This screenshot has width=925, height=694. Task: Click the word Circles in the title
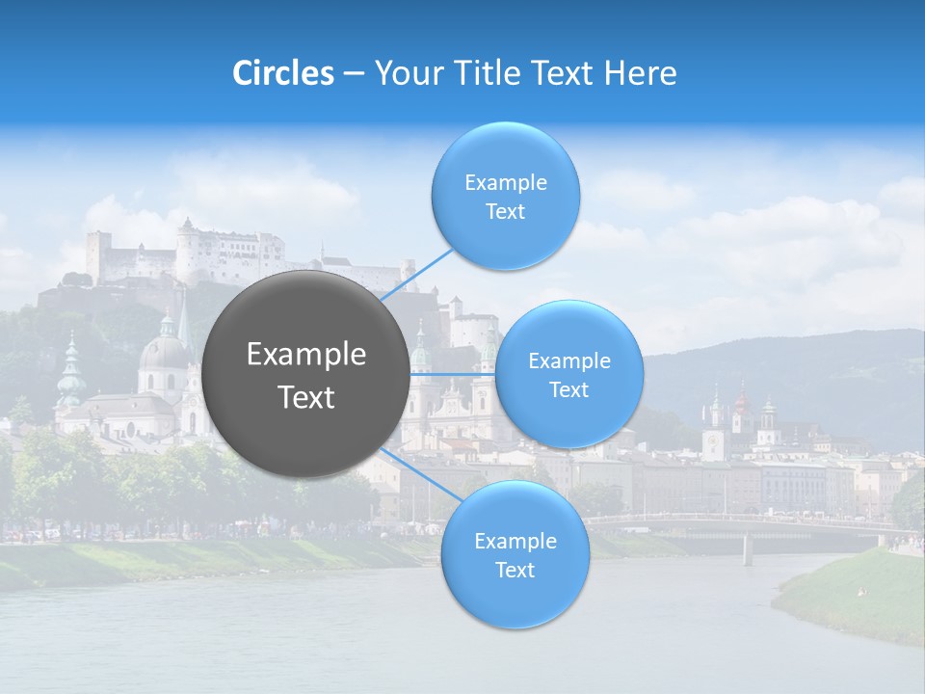283,73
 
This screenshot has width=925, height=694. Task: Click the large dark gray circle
306,374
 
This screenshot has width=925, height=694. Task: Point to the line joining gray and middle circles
452,374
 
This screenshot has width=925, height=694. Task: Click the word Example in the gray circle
306,355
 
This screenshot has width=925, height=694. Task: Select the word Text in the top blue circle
505,212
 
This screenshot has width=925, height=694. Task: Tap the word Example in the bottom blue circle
515,541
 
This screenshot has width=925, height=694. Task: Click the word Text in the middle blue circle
568,389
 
